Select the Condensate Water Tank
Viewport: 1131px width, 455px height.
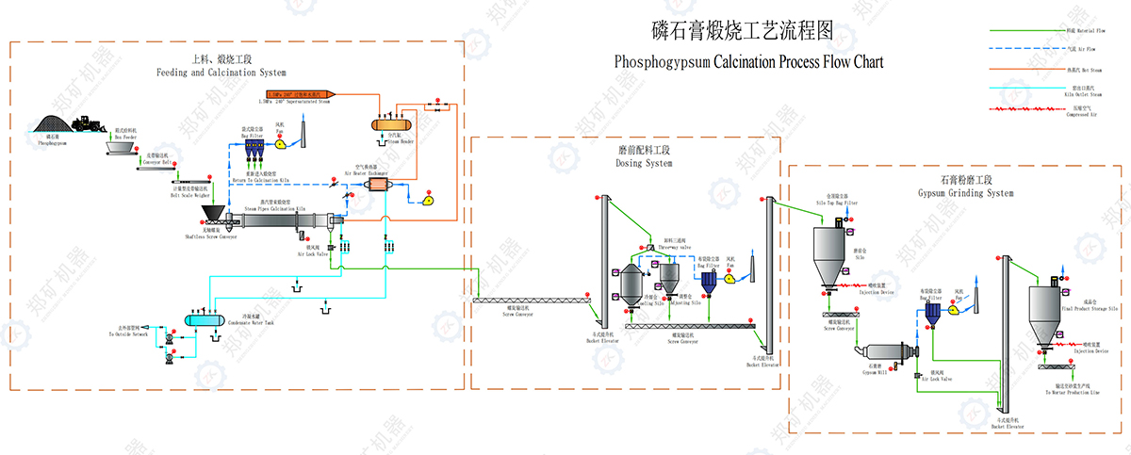(202, 320)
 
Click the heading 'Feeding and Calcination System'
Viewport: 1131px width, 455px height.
(221, 72)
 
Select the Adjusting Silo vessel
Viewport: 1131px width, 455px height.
(669, 275)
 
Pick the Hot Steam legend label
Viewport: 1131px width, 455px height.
(1085, 69)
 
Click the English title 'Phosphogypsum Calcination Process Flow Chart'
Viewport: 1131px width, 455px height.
(749, 63)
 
